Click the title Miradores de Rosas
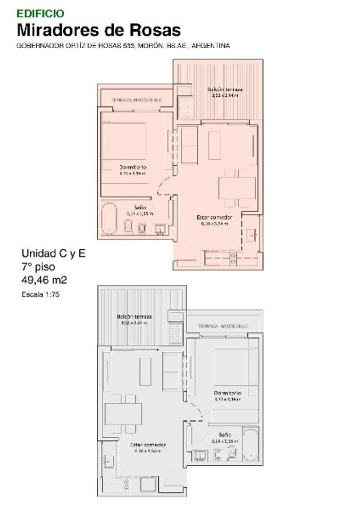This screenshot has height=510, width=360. tap(99, 30)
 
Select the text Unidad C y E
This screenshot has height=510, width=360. tap(53, 254)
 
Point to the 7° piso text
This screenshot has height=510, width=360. tap(38, 267)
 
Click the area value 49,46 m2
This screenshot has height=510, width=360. tap(44, 280)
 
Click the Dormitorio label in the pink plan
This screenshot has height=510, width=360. tap(133, 167)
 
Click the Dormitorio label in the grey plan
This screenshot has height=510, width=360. tap(227, 393)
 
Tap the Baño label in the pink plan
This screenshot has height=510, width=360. tap(139, 207)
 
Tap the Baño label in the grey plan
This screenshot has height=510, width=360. tap(225, 434)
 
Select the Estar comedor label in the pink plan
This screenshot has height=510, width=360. tap(214, 217)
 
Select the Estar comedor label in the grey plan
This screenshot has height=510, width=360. tap(148, 445)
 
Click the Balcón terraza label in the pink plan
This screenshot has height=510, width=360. tap(225, 89)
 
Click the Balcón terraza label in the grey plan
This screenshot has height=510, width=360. tap(134, 316)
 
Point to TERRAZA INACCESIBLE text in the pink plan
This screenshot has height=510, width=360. tap(136, 100)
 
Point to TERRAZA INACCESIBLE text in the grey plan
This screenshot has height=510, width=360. tap(223, 326)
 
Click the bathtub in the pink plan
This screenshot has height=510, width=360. tap(109, 218)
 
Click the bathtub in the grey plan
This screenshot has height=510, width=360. tap(250, 445)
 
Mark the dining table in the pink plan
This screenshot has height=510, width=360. tap(237, 187)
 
